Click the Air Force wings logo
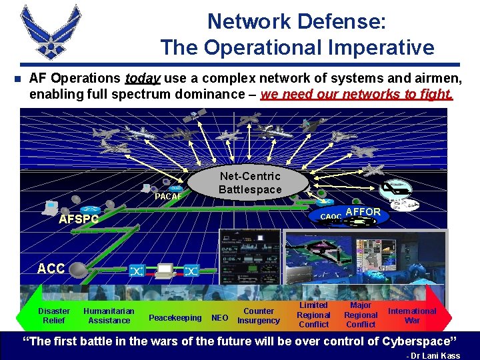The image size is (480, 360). click(51, 32)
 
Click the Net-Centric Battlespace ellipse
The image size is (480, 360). click(251, 183)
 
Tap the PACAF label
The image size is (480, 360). click(168, 197)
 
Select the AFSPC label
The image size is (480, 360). click(79, 219)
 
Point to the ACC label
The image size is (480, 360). click(51, 269)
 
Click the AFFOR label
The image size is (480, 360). click(363, 212)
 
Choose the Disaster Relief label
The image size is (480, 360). click(54, 315)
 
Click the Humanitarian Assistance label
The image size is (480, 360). click(109, 315)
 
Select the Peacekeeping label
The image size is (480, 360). click(175, 318)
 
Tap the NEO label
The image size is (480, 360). click(219, 318)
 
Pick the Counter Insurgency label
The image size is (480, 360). click(259, 315)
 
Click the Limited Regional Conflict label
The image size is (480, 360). click(313, 315)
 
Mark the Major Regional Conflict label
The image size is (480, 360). click(361, 315)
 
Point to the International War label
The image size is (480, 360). click(412, 315)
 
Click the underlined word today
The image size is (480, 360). click(143, 79)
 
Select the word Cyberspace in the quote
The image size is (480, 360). click(407, 341)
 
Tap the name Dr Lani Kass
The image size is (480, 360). click(437, 355)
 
